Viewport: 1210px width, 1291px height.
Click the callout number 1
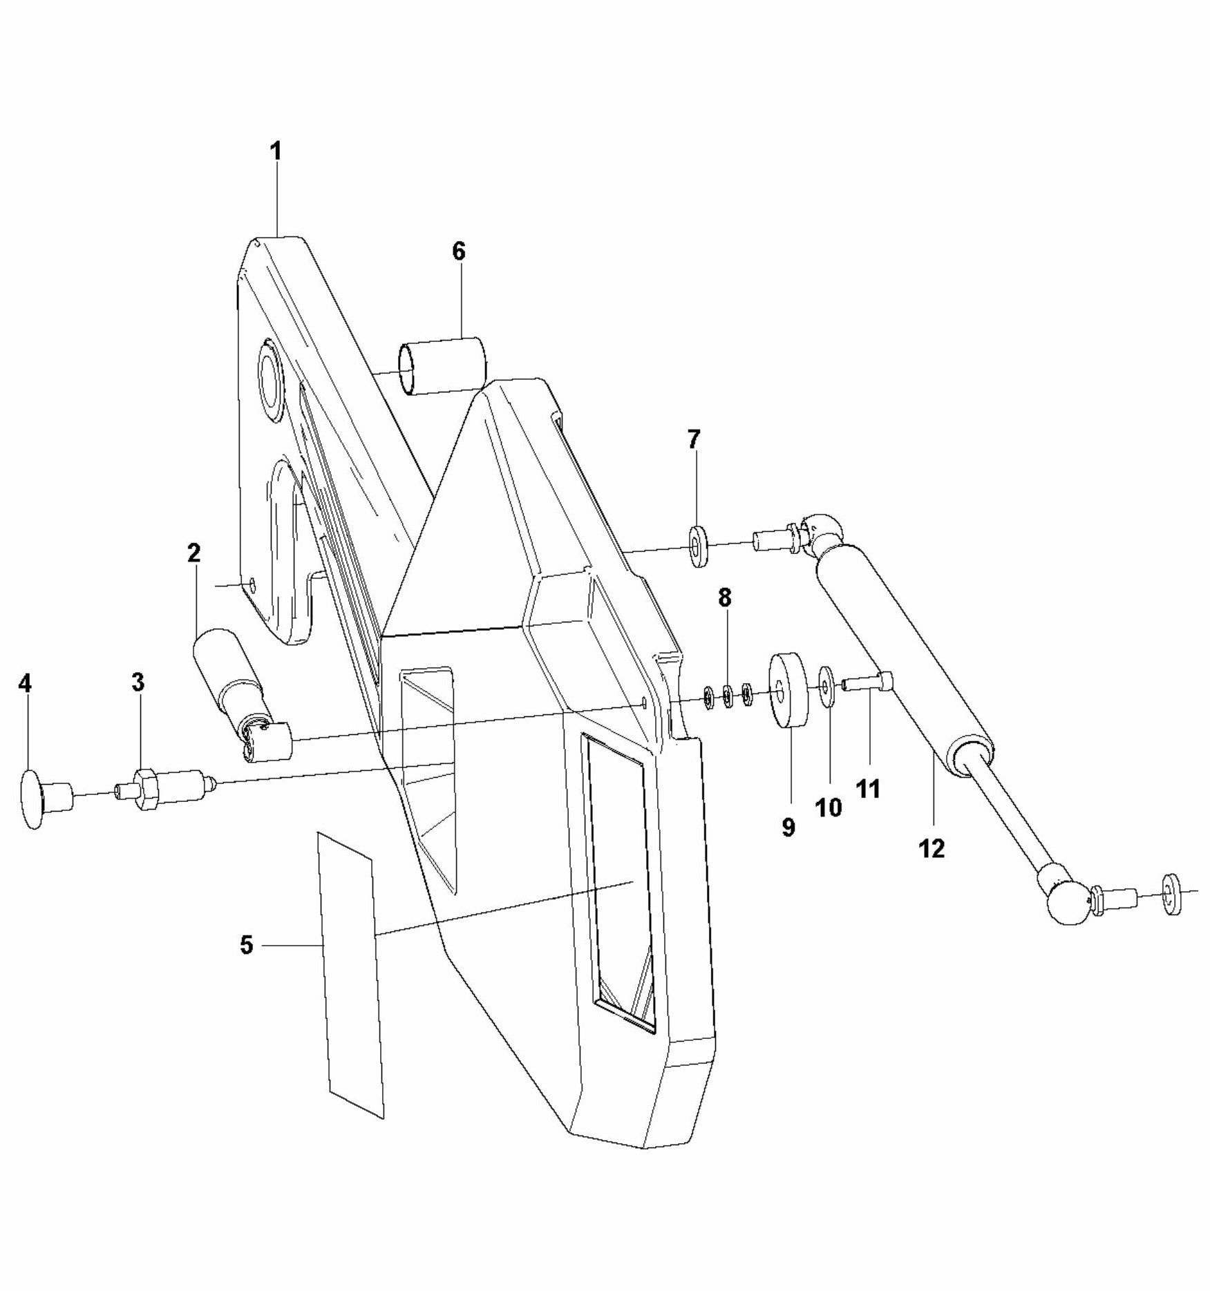pyautogui.click(x=276, y=151)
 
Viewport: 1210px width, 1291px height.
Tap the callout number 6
pyautogui.click(x=459, y=251)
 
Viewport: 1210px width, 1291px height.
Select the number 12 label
pyautogui.click(x=932, y=848)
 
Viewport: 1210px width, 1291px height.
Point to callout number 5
pyautogui.click(x=247, y=945)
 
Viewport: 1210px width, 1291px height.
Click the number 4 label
pyautogui.click(x=25, y=684)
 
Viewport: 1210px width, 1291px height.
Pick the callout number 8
pyautogui.click(x=724, y=598)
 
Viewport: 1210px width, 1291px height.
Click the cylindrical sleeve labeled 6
pyautogui.click(x=443, y=365)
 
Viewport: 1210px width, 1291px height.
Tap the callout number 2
pyautogui.click(x=193, y=553)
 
